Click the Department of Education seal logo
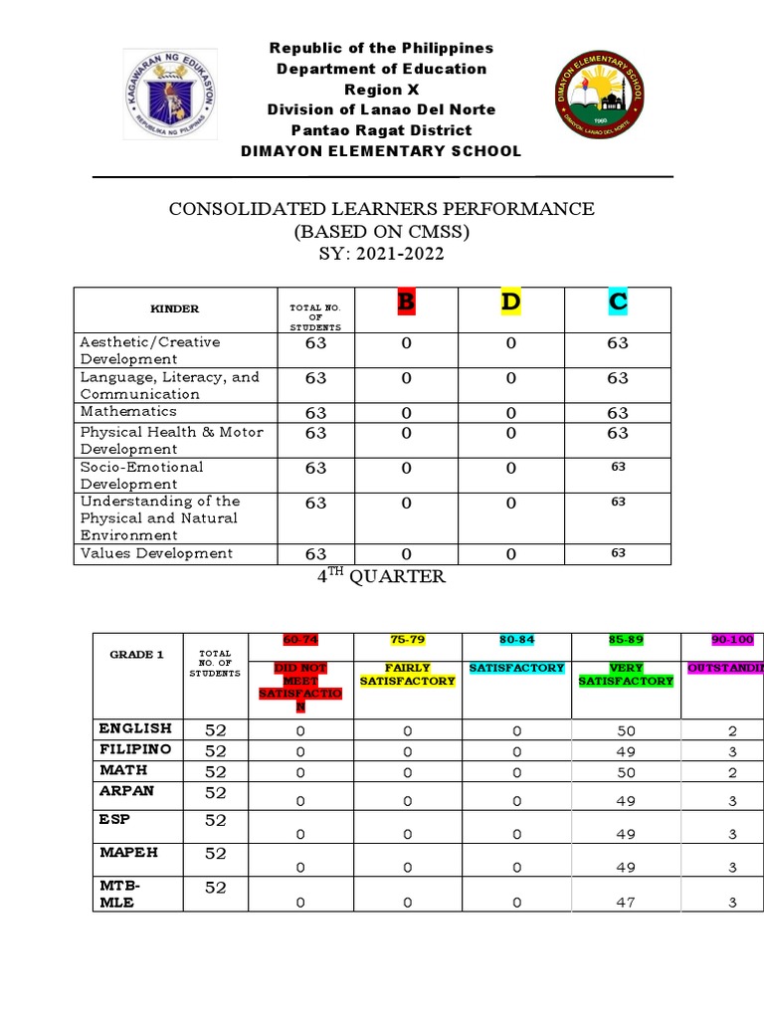pyautogui.click(x=172, y=95)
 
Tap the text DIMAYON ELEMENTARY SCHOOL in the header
pyautogui.click(x=381, y=151)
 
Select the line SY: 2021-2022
pyautogui.click(x=381, y=255)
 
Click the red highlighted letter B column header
pyautogui.click(x=405, y=303)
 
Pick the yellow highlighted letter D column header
pyautogui.click(x=510, y=303)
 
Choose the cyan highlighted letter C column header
pyautogui.click(x=618, y=303)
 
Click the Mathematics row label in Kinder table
pyautogui.click(x=128, y=411)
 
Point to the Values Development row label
pyautogui.click(x=156, y=553)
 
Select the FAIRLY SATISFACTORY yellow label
pyautogui.click(x=407, y=675)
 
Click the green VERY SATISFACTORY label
pyautogui.click(x=626, y=675)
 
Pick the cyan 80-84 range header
pyautogui.click(x=515, y=639)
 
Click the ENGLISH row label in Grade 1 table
pyautogui.click(x=134, y=728)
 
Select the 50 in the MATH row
pyautogui.click(x=626, y=772)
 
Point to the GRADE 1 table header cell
pyautogui.click(x=137, y=655)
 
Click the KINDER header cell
pyautogui.click(x=174, y=309)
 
